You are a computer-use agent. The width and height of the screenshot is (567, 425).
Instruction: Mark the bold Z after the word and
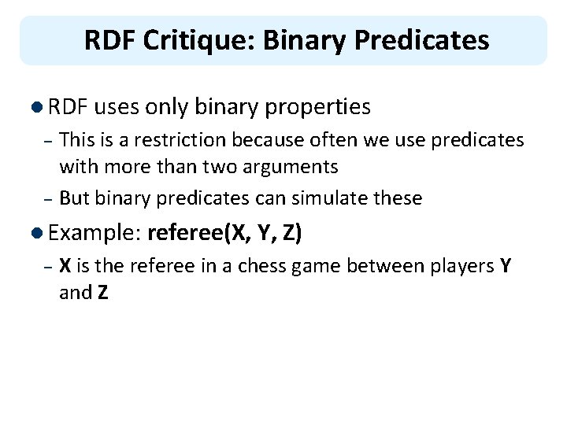coord(102,293)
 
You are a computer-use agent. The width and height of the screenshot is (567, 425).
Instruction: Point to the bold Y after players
coord(506,267)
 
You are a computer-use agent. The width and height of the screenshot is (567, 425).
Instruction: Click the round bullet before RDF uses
coord(39,106)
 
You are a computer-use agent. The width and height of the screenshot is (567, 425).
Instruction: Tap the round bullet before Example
coord(39,233)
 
